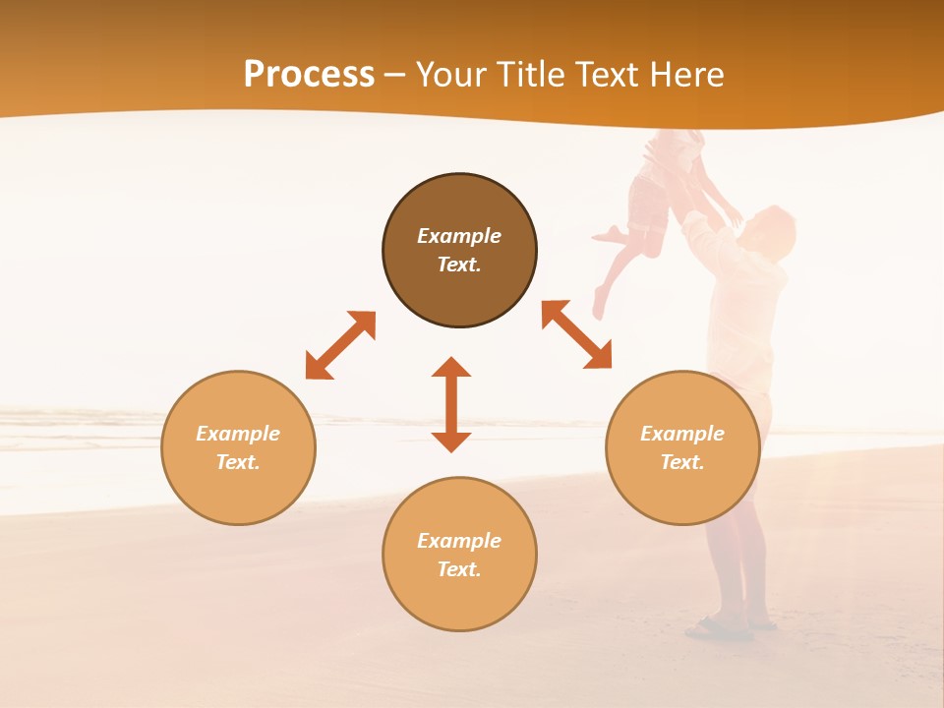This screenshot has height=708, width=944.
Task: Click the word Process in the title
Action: point(309,75)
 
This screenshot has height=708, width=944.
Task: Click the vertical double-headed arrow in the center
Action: point(451,404)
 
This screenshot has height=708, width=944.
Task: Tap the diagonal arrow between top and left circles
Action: point(340,345)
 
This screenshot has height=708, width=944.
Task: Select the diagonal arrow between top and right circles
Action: point(576,334)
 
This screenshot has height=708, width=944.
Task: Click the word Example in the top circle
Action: point(459,236)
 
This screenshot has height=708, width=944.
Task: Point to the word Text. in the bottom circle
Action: point(459,569)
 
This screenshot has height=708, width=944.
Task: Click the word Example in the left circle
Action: point(238,434)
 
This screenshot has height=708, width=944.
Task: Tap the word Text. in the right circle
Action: point(682,462)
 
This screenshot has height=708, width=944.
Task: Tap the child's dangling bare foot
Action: point(599,300)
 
